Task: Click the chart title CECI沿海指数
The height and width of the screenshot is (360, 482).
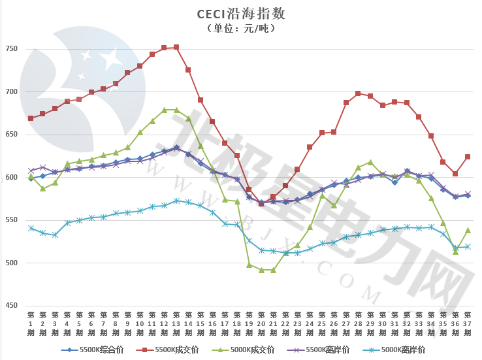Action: (x=241, y=14)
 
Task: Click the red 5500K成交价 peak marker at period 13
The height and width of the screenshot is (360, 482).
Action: (x=176, y=47)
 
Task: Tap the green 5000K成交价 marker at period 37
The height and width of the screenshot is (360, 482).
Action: (x=468, y=230)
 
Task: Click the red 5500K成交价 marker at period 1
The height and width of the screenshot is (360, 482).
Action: (x=31, y=118)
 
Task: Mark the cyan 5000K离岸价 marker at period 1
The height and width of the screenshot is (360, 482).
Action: (x=31, y=228)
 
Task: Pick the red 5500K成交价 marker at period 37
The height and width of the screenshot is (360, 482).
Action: (x=468, y=157)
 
